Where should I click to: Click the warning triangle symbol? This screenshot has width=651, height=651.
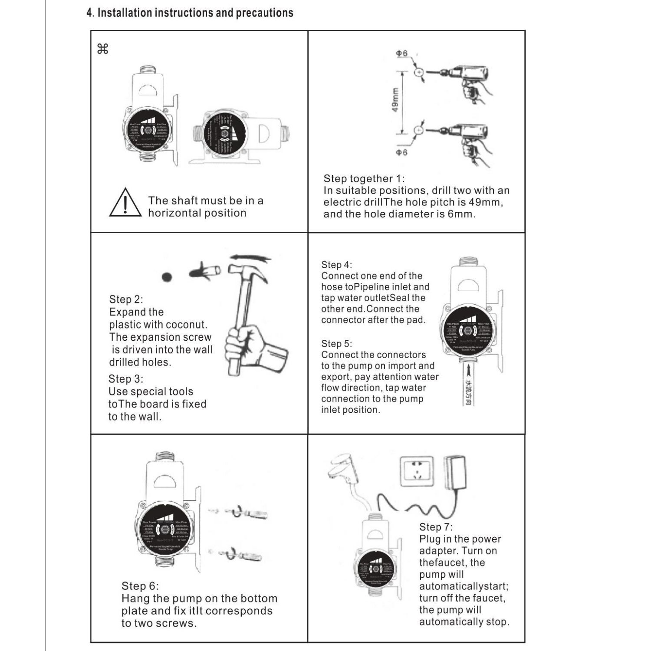[125, 203]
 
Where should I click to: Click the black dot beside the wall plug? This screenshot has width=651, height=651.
[167, 277]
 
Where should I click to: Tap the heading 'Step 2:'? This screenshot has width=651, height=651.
[126, 299]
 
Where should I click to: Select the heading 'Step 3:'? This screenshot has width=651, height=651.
[125, 379]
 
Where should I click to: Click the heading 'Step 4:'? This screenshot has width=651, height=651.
[336, 265]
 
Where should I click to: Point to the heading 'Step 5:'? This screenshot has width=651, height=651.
[336, 344]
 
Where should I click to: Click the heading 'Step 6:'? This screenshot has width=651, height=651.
[140, 586]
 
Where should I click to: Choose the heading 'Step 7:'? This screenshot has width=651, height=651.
[436, 527]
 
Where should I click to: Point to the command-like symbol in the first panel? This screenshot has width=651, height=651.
[103, 49]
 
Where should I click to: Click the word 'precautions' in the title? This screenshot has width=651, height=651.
[264, 13]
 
